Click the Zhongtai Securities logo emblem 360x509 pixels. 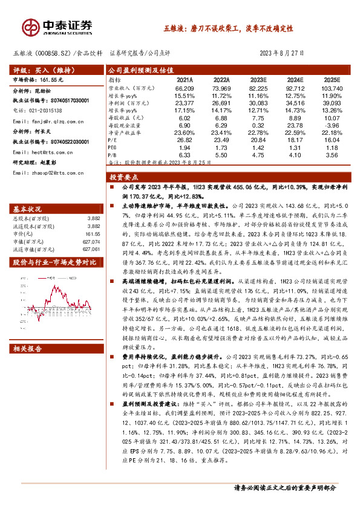(x=30, y=27)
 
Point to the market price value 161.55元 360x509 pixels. (x=56, y=79)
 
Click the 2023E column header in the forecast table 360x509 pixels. (x=259, y=79)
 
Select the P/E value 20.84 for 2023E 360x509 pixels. (x=258, y=139)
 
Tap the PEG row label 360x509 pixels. (x=113, y=147)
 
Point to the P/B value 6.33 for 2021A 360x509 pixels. (x=185, y=155)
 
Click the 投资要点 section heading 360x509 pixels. (x=124, y=178)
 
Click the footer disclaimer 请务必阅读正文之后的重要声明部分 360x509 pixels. (x=284, y=488)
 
